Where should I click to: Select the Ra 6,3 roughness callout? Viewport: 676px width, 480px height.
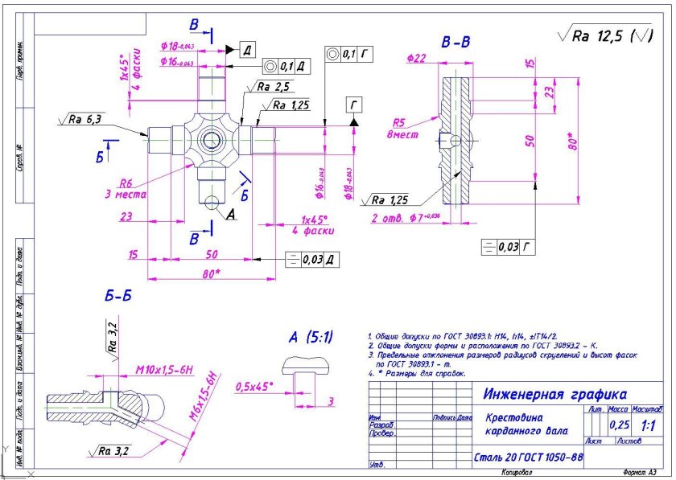point(83,120)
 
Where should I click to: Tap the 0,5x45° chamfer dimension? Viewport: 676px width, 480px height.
point(253,387)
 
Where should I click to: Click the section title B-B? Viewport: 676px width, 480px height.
point(455,41)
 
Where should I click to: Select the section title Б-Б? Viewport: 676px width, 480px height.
point(117,296)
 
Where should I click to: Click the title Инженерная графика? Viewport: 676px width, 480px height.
point(555,394)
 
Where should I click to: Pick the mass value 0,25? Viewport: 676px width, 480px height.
point(620,424)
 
